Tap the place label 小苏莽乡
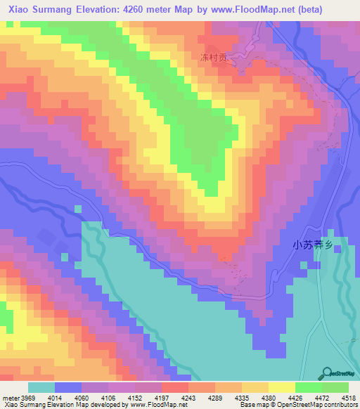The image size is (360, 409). (311, 245)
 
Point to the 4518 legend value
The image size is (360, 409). (349, 398)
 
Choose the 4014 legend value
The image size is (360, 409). (54, 398)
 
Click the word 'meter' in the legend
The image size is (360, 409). (9, 398)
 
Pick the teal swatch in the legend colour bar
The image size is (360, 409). (41, 387)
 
